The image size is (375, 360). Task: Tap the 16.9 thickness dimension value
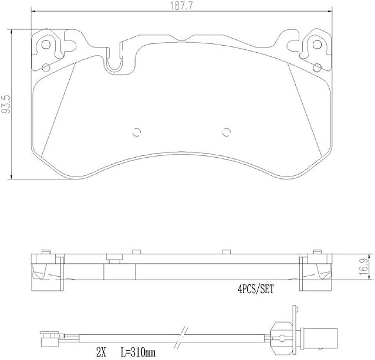(364, 267)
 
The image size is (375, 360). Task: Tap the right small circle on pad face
(227, 131)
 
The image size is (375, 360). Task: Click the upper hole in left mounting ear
(48, 44)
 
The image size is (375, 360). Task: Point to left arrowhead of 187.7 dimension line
(31, 12)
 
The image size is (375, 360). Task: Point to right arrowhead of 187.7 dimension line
(333, 12)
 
